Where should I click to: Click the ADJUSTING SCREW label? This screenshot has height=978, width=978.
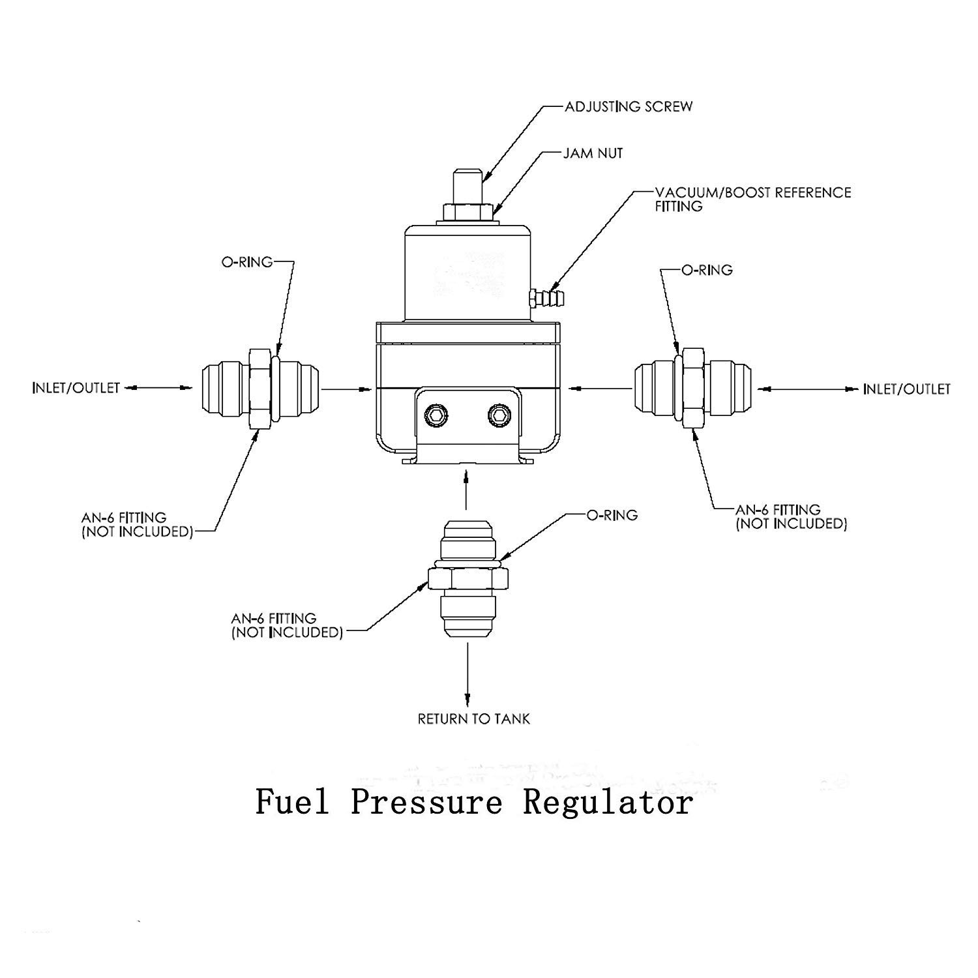[628, 106]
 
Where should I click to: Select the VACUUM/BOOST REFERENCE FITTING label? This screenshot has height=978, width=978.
[752, 200]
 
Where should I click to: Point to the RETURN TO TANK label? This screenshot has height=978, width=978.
[474, 719]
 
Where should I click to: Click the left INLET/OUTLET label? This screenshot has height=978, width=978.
[76, 388]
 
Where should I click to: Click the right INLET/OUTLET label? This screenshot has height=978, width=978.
[906, 389]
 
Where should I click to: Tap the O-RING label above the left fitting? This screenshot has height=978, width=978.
[247, 262]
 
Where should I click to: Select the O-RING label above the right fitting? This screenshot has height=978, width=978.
[707, 269]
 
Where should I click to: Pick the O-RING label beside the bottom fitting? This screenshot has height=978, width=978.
[612, 515]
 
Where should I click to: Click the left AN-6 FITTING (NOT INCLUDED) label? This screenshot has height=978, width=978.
[138, 525]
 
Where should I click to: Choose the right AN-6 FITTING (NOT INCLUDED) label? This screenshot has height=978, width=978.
[791, 516]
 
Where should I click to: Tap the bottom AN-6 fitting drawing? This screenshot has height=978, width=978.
[467, 578]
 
